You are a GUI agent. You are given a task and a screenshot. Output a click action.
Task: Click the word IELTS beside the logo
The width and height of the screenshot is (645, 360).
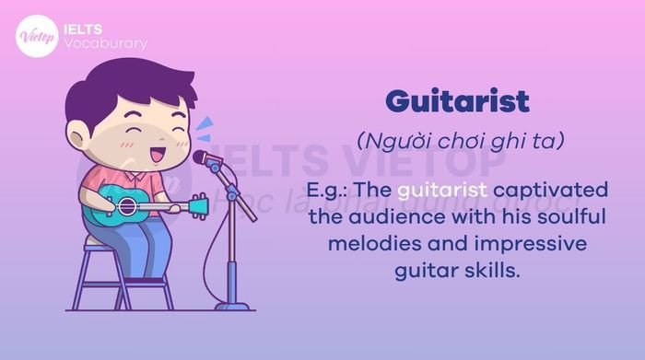86,28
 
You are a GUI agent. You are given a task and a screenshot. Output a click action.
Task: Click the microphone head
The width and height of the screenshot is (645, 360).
203,157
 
